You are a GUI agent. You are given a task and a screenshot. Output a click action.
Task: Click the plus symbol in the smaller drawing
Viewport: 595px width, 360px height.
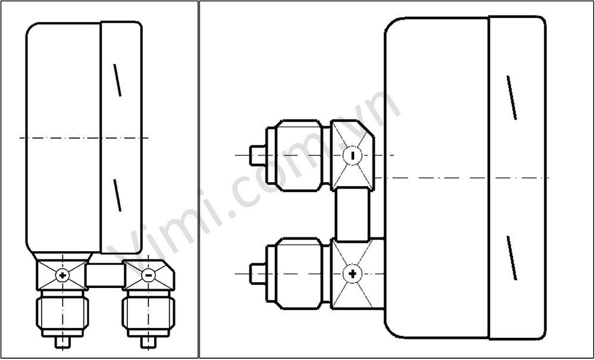click(x=62, y=275)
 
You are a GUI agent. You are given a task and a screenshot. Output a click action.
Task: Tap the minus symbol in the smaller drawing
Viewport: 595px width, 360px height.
click(x=148, y=275)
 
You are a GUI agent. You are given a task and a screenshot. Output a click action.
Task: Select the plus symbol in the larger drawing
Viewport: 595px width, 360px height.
click(x=353, y=273)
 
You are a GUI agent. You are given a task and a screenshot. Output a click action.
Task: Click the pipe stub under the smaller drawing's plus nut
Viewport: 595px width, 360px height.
click(x=62, y=343)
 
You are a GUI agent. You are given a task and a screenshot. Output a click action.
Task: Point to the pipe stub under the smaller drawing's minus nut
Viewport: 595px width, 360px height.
click(x=148, y=343)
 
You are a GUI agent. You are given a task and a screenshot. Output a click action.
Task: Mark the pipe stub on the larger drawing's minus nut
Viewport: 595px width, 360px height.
click(x=257, y=155)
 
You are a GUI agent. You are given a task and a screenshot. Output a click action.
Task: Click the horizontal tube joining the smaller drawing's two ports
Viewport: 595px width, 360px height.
click(x=105, y=275)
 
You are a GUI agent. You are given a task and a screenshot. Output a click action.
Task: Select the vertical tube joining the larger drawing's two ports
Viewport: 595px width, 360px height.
click(x=353, y=214)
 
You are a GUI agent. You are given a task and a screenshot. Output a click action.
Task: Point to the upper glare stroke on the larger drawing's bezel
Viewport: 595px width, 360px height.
click(x=511, y=97)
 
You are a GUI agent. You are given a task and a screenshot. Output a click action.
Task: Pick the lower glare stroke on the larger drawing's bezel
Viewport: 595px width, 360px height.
click(x=512, y=257)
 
